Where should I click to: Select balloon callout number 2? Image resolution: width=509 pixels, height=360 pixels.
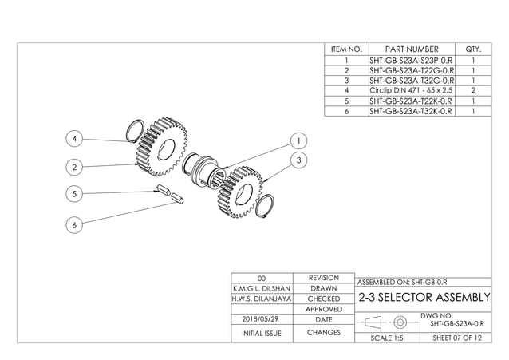(74, 168)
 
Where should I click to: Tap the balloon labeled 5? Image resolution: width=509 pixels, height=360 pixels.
(74, 193)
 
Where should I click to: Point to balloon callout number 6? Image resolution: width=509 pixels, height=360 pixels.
(74, 226)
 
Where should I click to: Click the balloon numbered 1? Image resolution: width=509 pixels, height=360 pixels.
(298, 140)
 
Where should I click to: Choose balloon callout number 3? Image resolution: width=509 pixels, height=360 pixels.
(298, 160)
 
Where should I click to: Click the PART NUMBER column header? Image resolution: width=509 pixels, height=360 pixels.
(411, 49)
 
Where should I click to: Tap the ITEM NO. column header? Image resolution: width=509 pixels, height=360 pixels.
(346, 49)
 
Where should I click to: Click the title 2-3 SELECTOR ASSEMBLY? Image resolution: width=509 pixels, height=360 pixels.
(424, 298)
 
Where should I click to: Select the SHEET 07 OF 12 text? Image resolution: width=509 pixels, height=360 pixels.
(456, 338)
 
